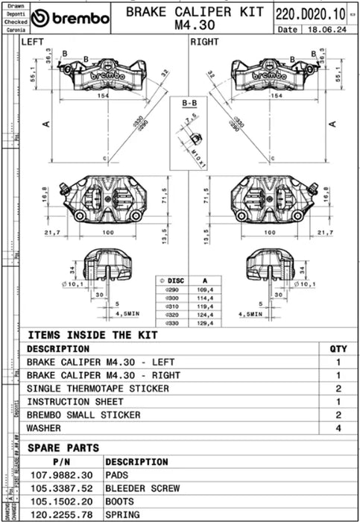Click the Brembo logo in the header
71,18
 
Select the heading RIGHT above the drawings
204,43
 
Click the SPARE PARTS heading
63,448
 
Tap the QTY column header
338,348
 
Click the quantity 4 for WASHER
338,428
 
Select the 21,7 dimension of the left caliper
52,233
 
